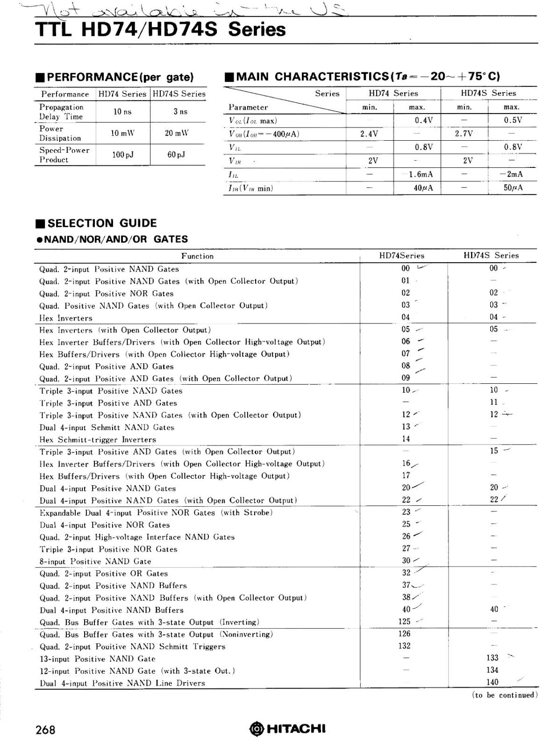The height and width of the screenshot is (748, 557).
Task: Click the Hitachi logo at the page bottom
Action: (x=287, y=728)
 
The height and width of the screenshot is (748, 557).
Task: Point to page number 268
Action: (x=45, y=730)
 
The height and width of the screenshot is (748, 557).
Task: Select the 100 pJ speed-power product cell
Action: (x=123, y=154)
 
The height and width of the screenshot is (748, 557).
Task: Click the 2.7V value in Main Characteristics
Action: (x=464, y=134)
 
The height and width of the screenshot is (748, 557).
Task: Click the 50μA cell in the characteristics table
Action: (x=513, y=188)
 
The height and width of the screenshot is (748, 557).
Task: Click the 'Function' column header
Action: (x=197, y=256)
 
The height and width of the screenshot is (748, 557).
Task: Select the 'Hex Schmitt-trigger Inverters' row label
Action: (x=98, y=439)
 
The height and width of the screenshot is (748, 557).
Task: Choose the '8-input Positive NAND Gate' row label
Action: (x=95, y=561)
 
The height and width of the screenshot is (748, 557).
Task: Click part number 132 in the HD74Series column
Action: (x=405, y=646)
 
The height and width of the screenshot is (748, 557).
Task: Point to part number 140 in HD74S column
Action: (x=493, y=682)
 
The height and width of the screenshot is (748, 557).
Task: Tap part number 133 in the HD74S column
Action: (x=493, y=658)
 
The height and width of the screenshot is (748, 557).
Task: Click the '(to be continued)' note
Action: (x=505, y=695)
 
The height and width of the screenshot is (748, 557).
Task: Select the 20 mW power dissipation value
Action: (x=177, y=133)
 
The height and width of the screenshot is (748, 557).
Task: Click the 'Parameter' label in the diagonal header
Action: (x=248, y=108)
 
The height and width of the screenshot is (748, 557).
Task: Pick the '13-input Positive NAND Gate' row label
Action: (x=97, y=659)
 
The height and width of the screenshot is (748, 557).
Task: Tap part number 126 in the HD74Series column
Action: (x=405, y=633)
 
